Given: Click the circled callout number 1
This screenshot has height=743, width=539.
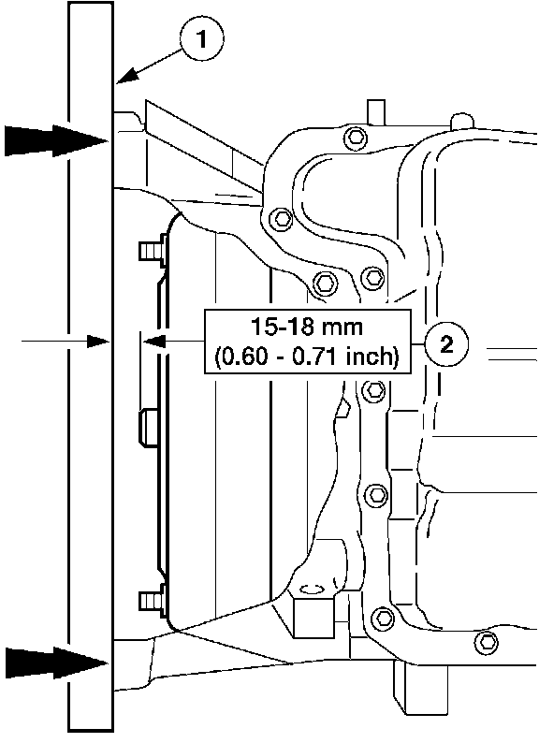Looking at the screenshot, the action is [202, 38].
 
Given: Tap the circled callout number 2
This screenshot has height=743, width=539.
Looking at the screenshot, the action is [446, 343].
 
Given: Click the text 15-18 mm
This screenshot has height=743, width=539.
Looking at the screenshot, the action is [306, 327].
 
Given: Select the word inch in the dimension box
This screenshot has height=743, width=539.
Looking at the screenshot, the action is [371, 356].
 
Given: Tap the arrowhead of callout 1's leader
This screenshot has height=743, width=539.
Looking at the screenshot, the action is [125, 77].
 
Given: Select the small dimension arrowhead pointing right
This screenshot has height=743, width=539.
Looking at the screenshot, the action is [98, 341].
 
